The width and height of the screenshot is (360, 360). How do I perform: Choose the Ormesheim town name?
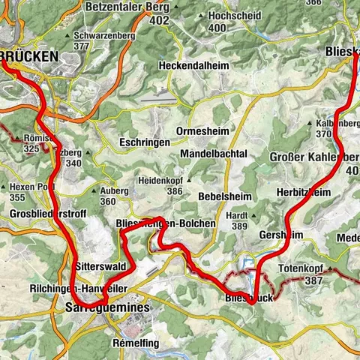(202, 131)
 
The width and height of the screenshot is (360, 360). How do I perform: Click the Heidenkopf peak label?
(160, 181)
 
